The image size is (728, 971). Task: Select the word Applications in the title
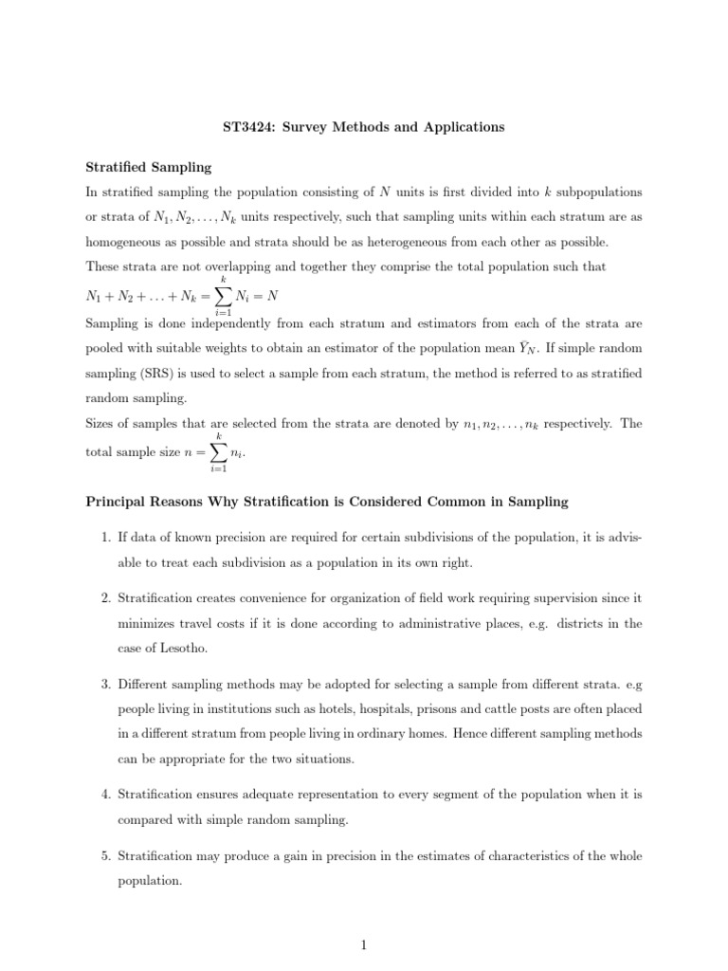coord(465,127)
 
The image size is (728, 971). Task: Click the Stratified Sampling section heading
coord(148,167)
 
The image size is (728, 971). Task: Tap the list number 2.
coord(105,599)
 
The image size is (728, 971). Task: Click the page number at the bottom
coord(364,944)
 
